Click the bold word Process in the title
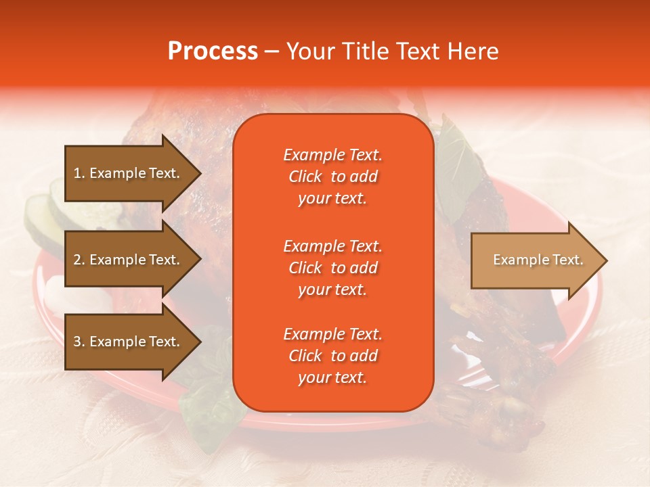pyautogui.click(x=213, y=51)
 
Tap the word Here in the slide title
pyautogui.click(x=473, y=51)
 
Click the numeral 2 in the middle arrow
pyautogui.click(x=77, y=260)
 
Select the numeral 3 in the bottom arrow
pyautogui.click(x=77, y=342)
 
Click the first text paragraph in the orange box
pyautogui.click(x=332, y=177)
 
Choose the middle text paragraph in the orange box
pyautogui.click(x=332, y=268)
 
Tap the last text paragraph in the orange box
pyautogui.click(x=332, y=356)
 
